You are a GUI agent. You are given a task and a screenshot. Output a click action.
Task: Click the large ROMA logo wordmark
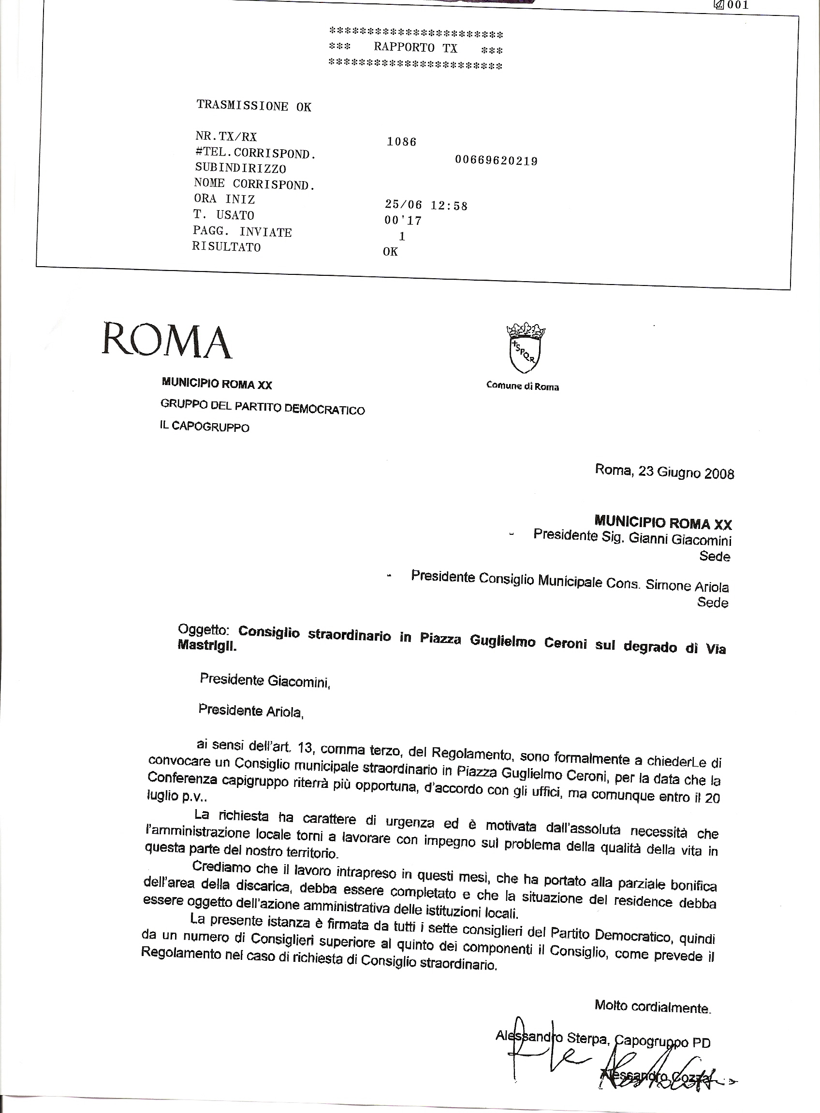point(167,341)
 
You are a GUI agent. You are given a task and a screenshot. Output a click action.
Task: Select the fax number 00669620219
point(496,161)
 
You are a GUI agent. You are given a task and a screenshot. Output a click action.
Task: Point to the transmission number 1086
point(402,142)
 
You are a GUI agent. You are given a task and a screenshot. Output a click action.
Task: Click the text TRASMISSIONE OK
point(254,106)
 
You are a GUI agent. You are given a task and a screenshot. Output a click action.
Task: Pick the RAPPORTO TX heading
point(415,48)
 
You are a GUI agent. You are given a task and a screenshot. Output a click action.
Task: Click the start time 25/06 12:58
point(426,205)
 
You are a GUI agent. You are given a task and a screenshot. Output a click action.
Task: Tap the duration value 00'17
point(403,221)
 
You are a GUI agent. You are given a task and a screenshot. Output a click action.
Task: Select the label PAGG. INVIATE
point(242,231)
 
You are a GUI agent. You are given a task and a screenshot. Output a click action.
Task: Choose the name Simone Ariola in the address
point(687,586)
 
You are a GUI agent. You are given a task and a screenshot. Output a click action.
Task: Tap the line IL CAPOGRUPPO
point(205,427)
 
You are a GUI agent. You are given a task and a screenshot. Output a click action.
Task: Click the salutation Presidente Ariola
point(250,711)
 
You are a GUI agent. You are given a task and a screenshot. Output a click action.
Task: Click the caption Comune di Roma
point(523,386)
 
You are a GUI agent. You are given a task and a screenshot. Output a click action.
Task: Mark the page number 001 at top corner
point(737,5)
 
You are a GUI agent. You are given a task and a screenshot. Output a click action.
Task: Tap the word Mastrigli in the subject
point(207,647)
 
